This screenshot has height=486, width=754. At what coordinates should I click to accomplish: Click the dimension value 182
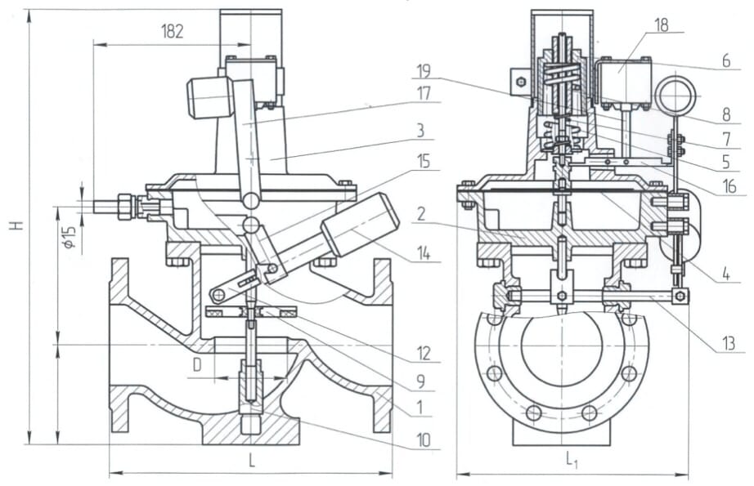173,32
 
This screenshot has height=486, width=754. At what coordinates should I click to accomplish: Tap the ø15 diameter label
70,236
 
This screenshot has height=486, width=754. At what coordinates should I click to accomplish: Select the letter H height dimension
18,225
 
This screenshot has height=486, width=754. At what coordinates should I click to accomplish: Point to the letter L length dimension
251,461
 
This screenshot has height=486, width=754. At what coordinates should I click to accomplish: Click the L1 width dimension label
572,461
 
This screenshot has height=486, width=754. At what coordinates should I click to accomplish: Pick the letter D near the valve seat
197,365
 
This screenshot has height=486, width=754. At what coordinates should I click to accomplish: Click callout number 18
662,25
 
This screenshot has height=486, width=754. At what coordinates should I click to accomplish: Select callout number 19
423,71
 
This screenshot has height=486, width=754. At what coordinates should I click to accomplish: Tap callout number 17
424,93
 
